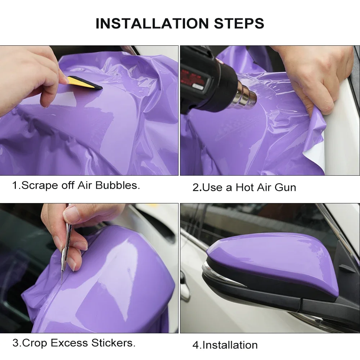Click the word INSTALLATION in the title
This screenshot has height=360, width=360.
(x=152, y=23)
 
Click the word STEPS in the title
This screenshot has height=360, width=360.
(x=239, y=23)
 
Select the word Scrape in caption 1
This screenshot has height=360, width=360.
(x=39, y=185)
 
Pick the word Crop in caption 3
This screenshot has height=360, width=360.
(x=35, y=343)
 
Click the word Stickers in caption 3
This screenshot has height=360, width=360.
(x=113, y=343)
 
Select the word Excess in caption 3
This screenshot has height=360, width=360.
(x=69, y=343)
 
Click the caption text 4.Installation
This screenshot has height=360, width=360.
(x=225, y=345)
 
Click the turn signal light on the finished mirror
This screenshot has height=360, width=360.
(x=220, y=275)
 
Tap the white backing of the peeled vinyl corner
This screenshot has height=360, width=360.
(x=318, y=152)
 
